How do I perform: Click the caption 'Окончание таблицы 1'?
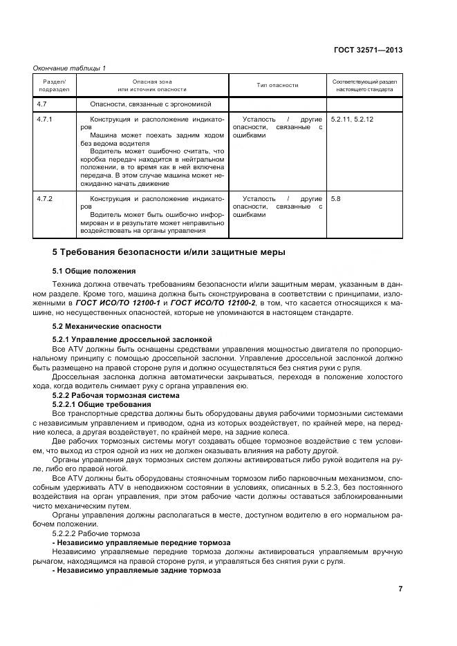(x=70, y=68)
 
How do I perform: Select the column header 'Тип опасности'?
(x=277, y=85)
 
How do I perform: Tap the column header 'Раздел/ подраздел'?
(x=53, y=85)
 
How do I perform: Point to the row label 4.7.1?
(x=44, y=120)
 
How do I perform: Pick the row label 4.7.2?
(x=44, y=199)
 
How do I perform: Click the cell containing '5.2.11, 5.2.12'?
(x=353, y=120)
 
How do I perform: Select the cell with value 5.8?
(x=336, y=199)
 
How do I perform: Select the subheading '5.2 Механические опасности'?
(x=107, y=325)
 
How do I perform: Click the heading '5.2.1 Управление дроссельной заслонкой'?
(x=132, y=339)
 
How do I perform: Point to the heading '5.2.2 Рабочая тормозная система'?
(x=116, y=395)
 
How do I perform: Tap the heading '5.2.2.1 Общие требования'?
(x=102, y=403)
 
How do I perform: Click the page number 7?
(x=400, y=589)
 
